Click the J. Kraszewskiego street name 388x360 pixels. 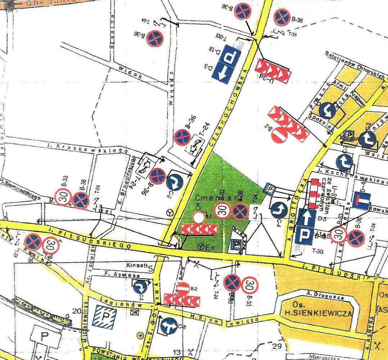88,148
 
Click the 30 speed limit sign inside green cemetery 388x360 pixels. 224,211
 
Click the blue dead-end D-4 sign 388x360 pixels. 362,200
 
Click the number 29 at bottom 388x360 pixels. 277,346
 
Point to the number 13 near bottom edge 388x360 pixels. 177,352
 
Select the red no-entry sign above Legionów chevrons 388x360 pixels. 183,289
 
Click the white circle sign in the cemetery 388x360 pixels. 199,217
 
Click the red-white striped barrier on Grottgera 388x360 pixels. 316,192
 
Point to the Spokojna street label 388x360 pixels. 320,118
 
